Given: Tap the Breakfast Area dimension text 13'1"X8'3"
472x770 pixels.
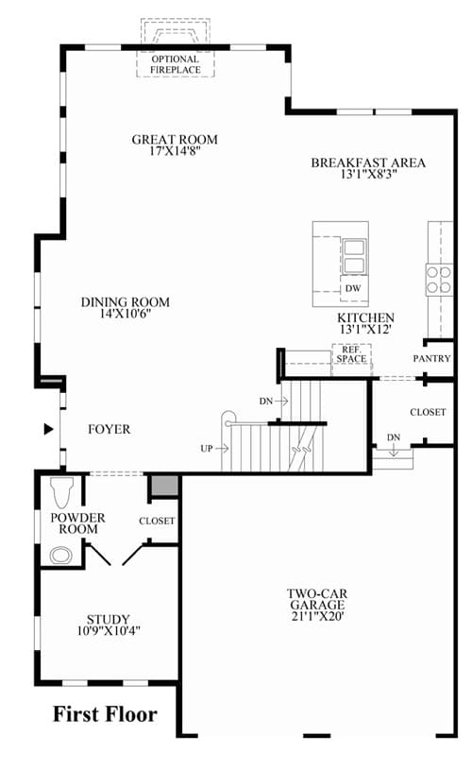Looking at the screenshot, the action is [368, 175].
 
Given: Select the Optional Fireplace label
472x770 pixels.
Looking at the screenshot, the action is [176, 64].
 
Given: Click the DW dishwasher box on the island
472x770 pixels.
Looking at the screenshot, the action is [353, 288].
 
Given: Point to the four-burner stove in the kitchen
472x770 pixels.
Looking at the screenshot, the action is [439, 280].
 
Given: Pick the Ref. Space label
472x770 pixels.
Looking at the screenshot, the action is [351, 354].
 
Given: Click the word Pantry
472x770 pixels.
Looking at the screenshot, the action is [431, 358].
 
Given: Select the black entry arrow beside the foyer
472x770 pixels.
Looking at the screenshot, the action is [48, 429].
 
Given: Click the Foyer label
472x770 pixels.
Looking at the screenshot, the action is [109, 429].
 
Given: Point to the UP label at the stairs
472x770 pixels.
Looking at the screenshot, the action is [207, 449].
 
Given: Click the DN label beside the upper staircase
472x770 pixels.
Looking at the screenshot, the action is [266, 402].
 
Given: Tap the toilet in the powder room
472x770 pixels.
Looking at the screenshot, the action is [61, 492].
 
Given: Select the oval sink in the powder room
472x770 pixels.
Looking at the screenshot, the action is [61, 556].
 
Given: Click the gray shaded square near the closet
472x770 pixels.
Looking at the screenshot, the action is [164, 486].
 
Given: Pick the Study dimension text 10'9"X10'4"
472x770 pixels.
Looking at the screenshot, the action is [109, 630].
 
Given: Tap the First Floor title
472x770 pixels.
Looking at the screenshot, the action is [105, 714].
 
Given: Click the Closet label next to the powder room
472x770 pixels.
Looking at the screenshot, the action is [157, 521].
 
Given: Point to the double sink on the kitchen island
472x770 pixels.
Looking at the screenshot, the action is [354, 256].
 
